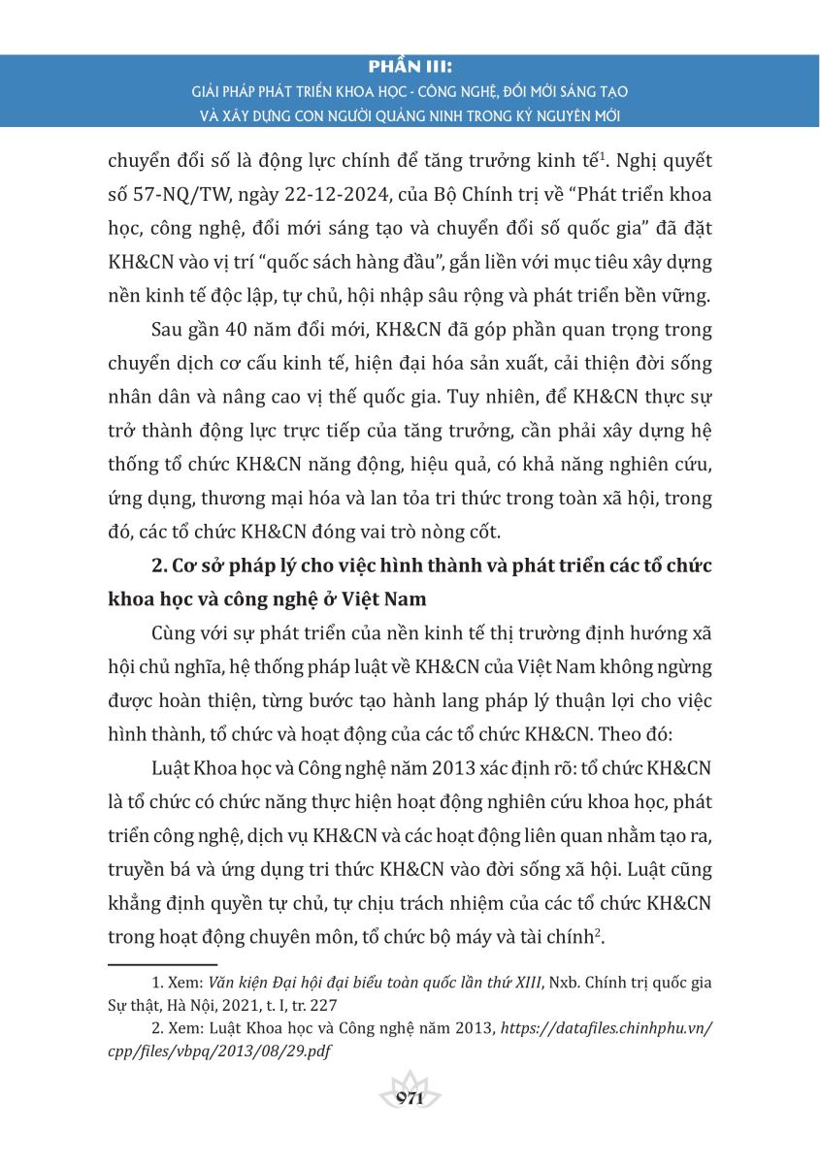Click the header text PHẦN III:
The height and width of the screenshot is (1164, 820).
coord(410,68)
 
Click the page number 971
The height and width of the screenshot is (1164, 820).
coord(410,1099)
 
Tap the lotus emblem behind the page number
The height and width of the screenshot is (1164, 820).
coord(410,1083)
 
